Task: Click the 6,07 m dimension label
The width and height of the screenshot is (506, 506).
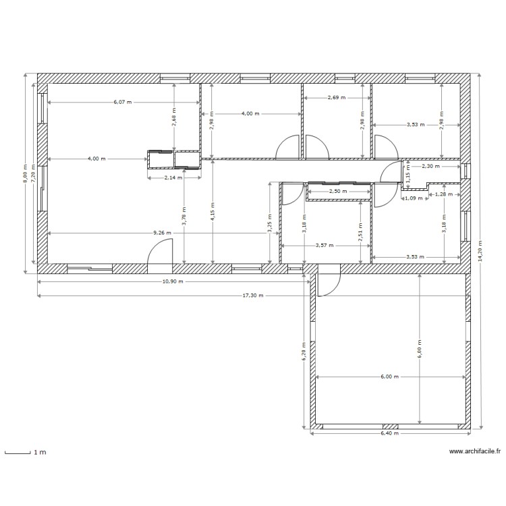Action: [123, 103]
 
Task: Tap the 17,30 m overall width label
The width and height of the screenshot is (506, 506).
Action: [254, 296]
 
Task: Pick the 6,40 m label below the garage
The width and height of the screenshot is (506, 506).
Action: [389, 433]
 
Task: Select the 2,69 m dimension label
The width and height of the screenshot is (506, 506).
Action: [336, 97]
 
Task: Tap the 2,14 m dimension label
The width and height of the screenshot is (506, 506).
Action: [174, 178]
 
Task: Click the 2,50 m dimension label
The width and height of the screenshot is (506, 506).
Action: [338, 191]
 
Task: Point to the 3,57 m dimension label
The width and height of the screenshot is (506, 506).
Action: [325, 246]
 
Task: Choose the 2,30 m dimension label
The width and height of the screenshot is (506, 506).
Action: [430, 165]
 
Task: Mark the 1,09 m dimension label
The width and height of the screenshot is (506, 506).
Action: [413, 198]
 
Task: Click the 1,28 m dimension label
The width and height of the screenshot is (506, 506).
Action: [443, 194]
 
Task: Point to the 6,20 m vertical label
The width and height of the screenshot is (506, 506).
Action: [304, 352]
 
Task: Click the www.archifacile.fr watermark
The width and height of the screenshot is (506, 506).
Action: [474, 453]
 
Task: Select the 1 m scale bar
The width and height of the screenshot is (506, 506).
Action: [24, 453]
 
